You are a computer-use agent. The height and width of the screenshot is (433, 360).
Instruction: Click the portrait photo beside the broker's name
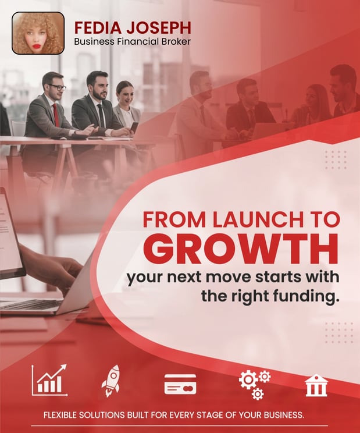click(38, 33)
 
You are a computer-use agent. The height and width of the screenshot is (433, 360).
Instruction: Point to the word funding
click(306, 296)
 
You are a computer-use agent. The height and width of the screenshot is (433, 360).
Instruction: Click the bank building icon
click(316, 385)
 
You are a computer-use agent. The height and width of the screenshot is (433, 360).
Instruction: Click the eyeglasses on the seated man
click(57, 87)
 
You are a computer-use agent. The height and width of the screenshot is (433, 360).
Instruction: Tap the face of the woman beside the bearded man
click(125, 92)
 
